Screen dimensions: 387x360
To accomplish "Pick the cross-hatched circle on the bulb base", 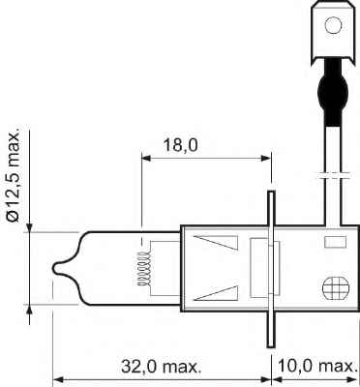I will [333, 288].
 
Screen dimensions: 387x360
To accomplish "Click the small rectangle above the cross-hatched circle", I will [335, 241].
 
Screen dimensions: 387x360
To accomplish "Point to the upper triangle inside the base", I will [213, 244].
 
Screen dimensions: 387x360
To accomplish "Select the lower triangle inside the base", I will [213, 294].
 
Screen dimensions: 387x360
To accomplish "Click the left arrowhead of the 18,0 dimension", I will [146, 157].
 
